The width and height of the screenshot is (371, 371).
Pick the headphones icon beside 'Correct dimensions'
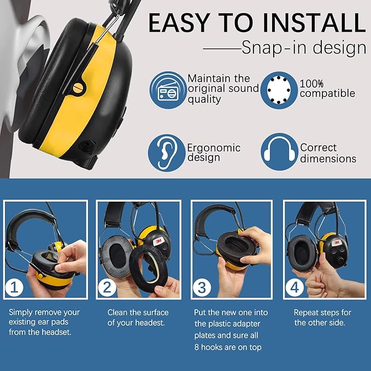coord(278,153)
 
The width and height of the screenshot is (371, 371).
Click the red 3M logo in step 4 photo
coord(337,241)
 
